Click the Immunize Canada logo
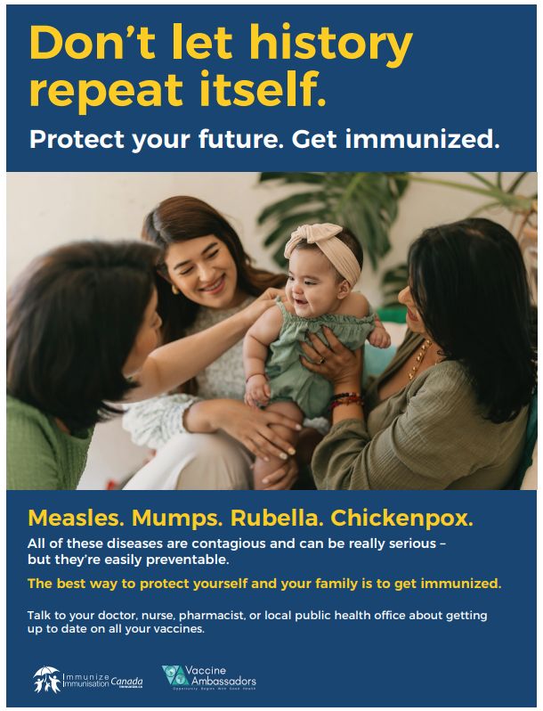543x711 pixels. [x=87, y=679]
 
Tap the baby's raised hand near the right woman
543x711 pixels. [x=379, y=337]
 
